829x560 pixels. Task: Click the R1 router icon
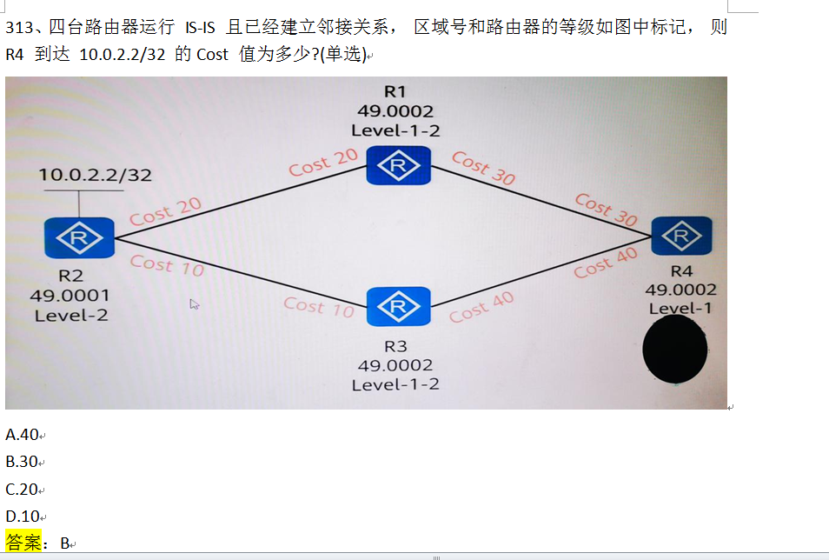tap(399, 165)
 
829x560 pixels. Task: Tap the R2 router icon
tap(80, 237)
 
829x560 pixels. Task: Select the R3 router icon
tap(399, 306)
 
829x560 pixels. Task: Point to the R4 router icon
tap(682, 236)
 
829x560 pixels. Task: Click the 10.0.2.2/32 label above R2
tap(96, 175)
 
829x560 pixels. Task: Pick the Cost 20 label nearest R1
tap(323, 162)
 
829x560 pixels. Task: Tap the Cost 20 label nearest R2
tap(165, 211)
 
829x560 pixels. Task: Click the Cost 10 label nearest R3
tap(319, 306)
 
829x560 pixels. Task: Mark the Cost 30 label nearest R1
tap(483, 167)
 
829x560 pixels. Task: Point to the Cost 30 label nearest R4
tap(606, 210)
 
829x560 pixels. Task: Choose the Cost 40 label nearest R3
tap(481, 307)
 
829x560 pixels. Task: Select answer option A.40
tap(23, 435)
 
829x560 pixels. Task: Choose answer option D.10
tap(23, 517)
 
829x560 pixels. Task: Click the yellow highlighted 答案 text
tap(23, 543)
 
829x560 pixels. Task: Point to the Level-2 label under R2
tap(71, 315)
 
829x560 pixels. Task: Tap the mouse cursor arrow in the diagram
tap(195, 303)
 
